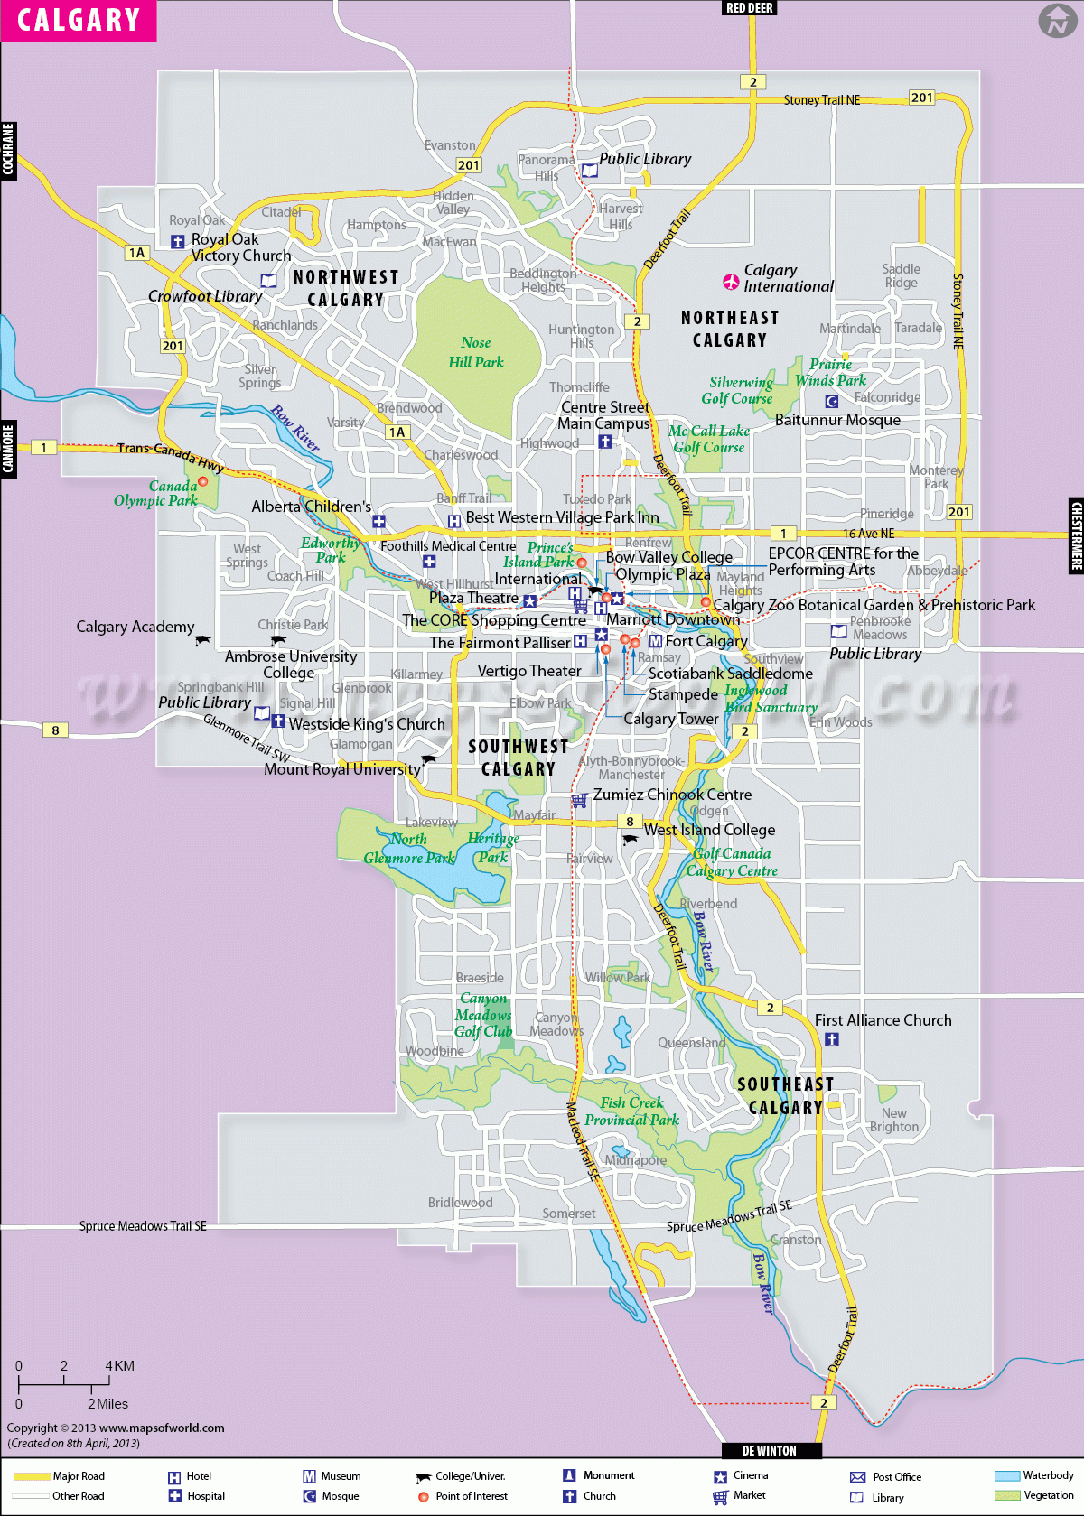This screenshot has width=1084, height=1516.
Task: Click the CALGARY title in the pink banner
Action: pos(79,20)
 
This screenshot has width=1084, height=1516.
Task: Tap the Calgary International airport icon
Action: pos(731,282)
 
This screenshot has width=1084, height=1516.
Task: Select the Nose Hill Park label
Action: pos(476,353)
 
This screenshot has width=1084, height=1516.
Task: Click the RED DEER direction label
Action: pos(749,8)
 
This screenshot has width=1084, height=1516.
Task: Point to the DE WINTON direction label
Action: pos(770,1450)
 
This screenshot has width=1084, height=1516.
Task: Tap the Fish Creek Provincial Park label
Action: pos(631,1111)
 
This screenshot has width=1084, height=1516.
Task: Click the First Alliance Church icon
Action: pos(832,1039)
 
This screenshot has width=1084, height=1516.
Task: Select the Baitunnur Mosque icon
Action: pos(831,402)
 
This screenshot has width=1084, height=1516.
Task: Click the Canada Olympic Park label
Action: pos(155,493)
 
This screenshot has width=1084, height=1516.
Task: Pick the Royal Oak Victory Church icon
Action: pos(178,241)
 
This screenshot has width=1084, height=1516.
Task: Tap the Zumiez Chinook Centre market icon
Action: pos(579,800)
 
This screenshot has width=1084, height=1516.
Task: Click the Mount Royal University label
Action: pos(341,769)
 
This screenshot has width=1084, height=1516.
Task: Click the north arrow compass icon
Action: pos(1057,20)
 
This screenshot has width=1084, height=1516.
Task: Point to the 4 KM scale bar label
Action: pos(119,1366)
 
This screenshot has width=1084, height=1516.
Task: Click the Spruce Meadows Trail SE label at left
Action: pos(143,1226)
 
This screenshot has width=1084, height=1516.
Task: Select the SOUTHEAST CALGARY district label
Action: pos(785,1095)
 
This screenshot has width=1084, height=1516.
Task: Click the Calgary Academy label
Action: pos(135,627)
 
